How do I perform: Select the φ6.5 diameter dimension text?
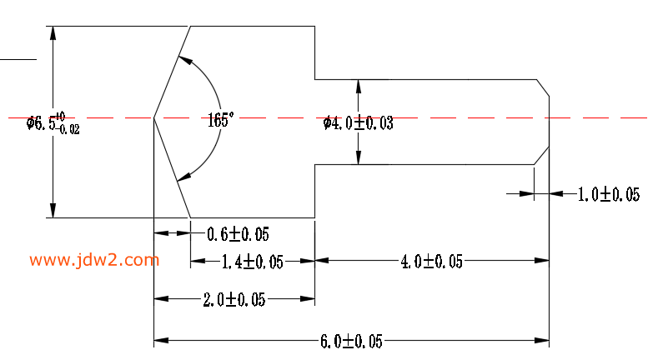tap(53, 124)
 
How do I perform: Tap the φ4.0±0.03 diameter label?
tap(359, 123)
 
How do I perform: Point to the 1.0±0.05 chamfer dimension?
tap(608, 194)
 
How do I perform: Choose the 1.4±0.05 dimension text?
tap(252, 262)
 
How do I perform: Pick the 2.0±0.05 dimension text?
tap(234, 300)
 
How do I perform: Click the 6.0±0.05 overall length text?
tap(351, 341)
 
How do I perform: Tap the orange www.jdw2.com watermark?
tap(94, 260)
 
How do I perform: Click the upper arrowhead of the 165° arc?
tap(184, 60)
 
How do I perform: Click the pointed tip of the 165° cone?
tap(154, 117)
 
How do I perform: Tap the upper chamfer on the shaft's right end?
tap(542, 87)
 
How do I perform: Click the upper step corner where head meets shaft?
tap(314, 79)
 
